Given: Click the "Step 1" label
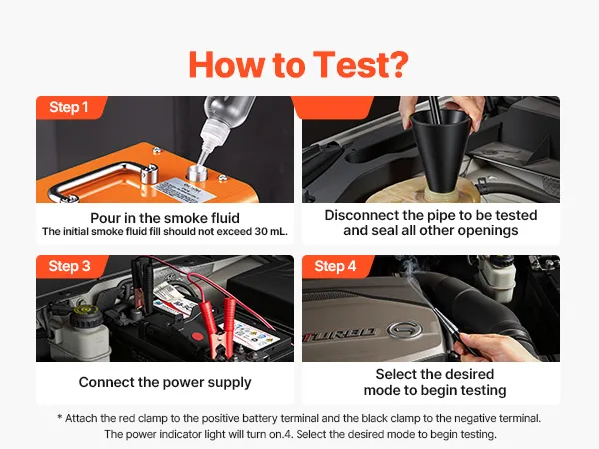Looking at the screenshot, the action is click(68, 107).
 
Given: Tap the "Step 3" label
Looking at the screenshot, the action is click(69, 266).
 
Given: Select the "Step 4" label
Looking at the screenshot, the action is click(335, 266).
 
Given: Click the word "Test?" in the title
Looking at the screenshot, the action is click(361, 65).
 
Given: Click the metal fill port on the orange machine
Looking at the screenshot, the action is click(197, 173).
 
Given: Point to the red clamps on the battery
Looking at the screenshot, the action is click(223, 328).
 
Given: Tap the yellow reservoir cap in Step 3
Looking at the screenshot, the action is click(84, 310).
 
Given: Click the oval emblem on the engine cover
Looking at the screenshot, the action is click(405, 329).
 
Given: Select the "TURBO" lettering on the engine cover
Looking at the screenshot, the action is click(339, 336).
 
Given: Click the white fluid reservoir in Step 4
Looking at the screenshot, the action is click(495, 278).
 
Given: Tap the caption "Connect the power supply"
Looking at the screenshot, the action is click(165, 382).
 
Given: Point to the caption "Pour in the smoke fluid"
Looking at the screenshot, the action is click(165, 218).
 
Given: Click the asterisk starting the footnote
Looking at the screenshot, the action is click(60, 417).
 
